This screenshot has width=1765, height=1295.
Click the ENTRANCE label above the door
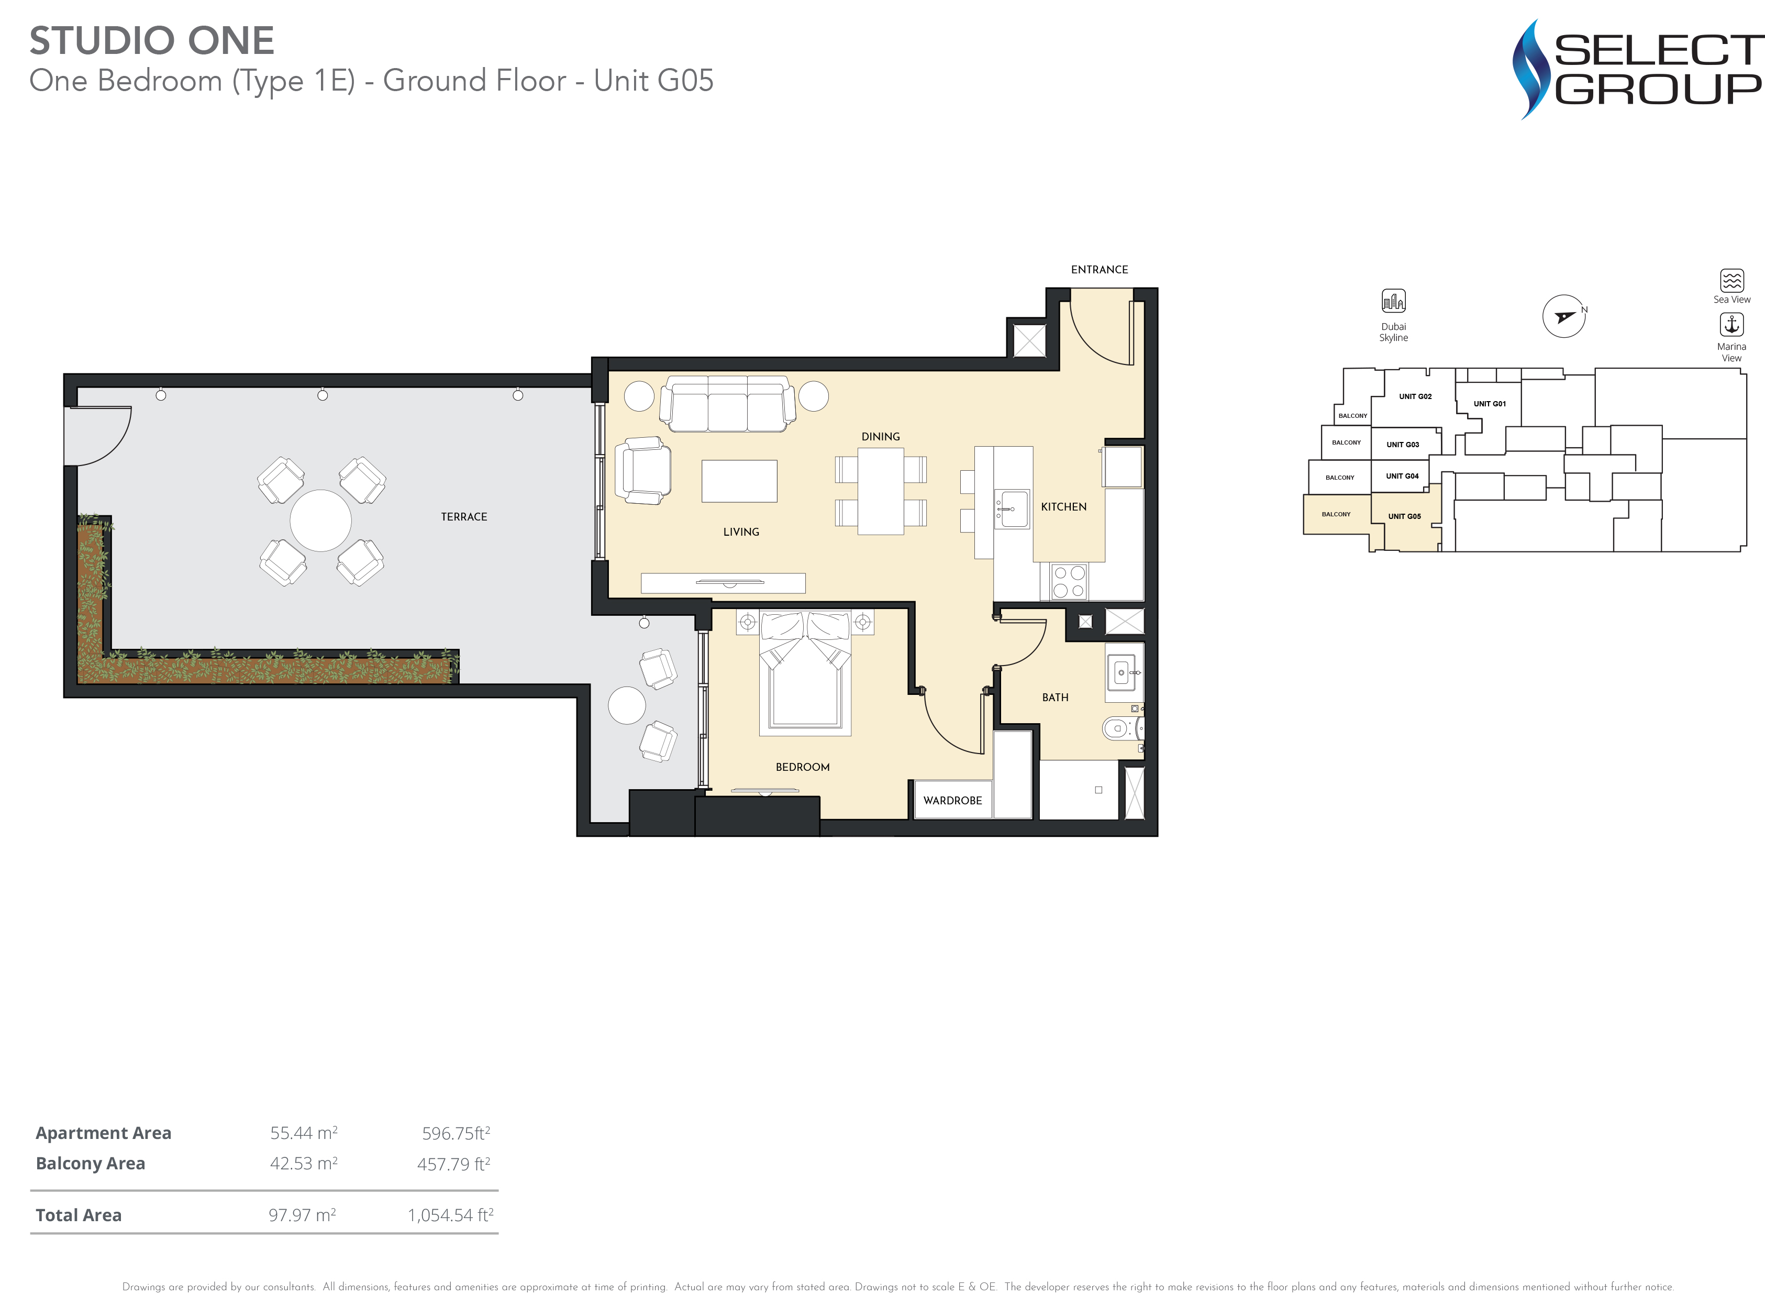coord(1099,270)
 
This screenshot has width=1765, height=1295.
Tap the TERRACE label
coord(464,517)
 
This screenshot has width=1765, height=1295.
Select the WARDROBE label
coord(952,800)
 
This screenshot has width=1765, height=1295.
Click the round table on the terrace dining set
coord(320,521)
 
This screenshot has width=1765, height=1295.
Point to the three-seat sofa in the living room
coord(727,404)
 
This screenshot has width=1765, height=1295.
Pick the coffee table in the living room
coord(739,481)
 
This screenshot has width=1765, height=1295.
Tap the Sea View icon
coord(1731,280)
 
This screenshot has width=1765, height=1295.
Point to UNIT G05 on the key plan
coord(1404,517)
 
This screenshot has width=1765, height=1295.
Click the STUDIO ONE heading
coord(152,41)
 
